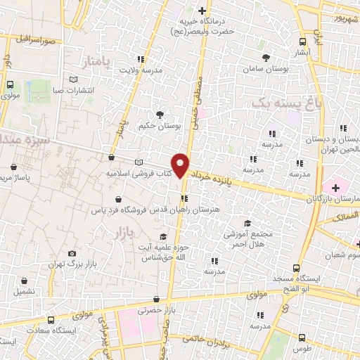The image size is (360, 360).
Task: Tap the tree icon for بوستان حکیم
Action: tap(160, 114)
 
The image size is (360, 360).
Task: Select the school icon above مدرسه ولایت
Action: tap(140, 59)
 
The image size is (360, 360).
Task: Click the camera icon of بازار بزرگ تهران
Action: tap(72, 253)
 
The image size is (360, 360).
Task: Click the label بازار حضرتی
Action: tap(155, 309)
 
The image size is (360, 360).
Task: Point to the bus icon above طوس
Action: tap(302, 337)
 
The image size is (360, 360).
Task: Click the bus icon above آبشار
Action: tap(302, 41)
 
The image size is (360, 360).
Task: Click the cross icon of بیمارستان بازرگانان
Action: tap(335, 188)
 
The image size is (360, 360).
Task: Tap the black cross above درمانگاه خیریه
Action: tap(202, 11)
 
